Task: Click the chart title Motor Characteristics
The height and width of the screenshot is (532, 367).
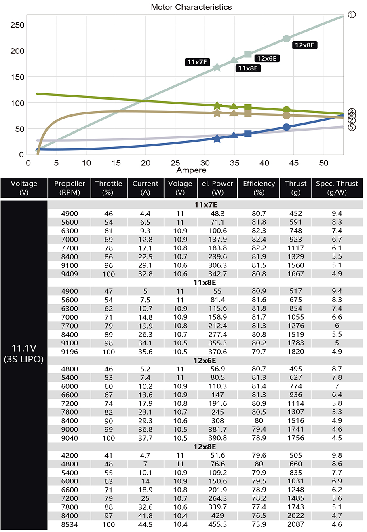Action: (x=191, y=7)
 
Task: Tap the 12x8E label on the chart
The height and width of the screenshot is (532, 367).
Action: (x=304, y=45)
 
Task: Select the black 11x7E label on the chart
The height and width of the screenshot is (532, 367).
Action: (x=197, y=62)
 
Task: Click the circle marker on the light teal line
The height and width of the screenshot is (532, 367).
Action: (x=286, y=38)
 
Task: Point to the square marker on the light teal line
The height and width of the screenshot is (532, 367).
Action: (x=248, y=55)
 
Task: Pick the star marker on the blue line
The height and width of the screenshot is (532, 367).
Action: (x=217, y=139)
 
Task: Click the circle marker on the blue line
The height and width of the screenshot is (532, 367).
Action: (x=286, y=127)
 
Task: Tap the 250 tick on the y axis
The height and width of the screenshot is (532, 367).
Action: (x=17, y=25)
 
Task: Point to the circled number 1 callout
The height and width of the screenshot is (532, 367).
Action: (x=351, y=15)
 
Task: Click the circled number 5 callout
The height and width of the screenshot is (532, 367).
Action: (x=351, y=127)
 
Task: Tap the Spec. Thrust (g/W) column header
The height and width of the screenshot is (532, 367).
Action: (x=337, y=188)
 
